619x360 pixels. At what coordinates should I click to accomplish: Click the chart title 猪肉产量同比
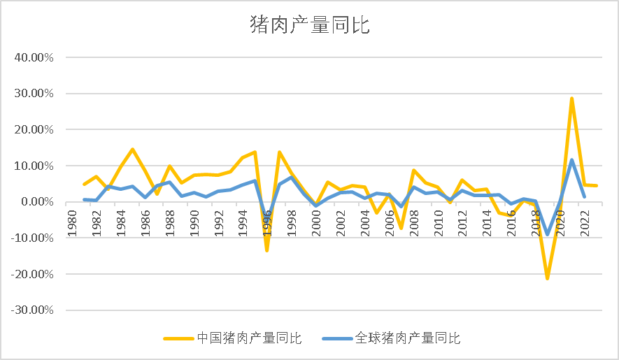(309, 26)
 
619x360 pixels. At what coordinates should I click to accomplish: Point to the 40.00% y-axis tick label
(34, 57)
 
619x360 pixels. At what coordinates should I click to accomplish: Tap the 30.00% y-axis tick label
(34, 94)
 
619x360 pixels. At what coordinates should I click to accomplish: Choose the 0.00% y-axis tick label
(37, 202)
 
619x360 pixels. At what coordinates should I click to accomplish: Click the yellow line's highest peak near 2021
(571, 99)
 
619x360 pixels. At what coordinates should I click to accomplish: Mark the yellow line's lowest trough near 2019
(547, 278)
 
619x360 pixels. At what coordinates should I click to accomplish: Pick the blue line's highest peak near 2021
(571, 160)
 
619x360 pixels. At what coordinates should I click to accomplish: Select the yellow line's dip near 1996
(267, 250)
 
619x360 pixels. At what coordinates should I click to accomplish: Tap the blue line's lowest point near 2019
(547, 234)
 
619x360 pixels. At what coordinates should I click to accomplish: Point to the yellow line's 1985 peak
(133, 150)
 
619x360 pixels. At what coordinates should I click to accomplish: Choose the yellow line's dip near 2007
(401, 228)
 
